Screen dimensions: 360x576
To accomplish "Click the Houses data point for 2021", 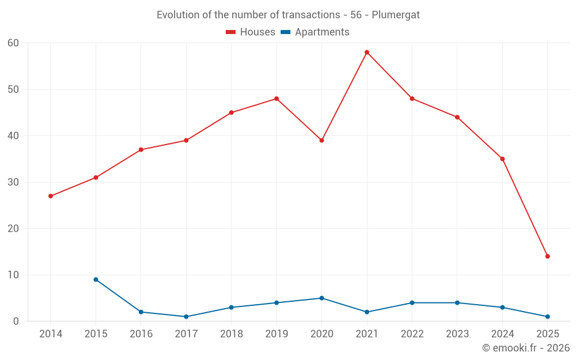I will [367, 52].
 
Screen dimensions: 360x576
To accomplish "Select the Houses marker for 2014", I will [51, 196].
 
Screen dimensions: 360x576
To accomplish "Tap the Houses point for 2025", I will [547, 256].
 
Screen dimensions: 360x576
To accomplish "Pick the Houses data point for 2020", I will [321, 141].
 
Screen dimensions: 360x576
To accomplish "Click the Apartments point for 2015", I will [96, 279].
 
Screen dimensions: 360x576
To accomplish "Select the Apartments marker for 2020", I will [321, 298].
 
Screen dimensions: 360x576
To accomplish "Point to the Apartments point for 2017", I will [186, 317].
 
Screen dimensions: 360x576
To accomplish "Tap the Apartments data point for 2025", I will [547, 317].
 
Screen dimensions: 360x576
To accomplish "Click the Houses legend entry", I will [251, 32].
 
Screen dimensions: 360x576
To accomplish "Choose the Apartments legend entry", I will [315, 32].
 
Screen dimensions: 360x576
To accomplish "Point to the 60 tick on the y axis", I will [13, 43].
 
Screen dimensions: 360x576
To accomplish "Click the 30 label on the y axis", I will [13, 182].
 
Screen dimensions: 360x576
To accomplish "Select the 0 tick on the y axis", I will [16, 321].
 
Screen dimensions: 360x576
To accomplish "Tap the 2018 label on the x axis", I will [231, 334].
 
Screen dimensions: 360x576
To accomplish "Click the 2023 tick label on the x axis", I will [457, 334].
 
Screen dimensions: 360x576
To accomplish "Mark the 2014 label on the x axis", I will [51, 334].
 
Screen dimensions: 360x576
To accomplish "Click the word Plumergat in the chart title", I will [396, 15].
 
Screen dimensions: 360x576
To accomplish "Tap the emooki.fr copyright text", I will [526, 348].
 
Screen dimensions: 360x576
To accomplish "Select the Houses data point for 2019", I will [276, 98].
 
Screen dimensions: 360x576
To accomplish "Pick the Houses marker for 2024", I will [502, 159].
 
